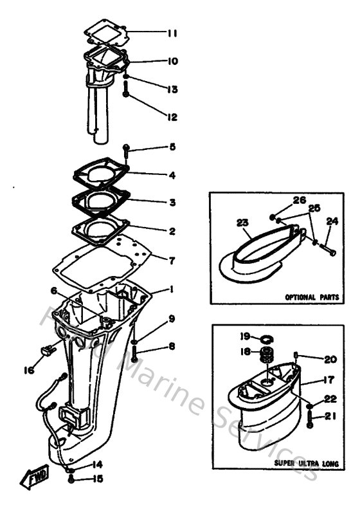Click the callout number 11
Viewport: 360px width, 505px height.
172,32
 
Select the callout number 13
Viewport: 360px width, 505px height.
172,89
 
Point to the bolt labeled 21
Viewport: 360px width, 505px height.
310,424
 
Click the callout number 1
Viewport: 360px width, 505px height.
172,290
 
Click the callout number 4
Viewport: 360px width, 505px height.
172,175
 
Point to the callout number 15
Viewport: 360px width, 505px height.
97,478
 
